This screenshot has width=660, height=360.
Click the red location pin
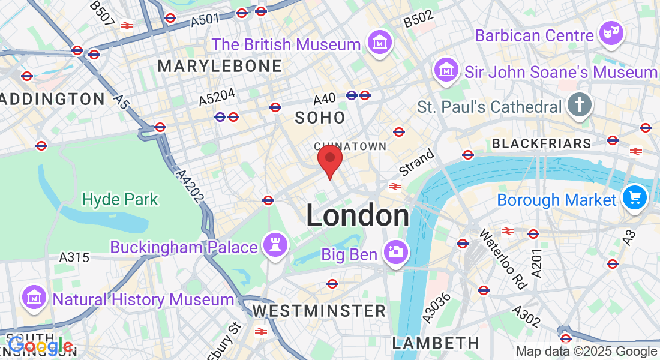point(329,159)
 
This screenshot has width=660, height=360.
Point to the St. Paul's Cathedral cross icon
point(579,106)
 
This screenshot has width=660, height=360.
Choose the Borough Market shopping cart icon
point(634,199)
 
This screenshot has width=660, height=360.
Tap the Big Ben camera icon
point(395,253)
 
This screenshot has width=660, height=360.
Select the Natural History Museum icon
point(35,298)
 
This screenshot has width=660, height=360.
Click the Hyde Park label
point(120,199)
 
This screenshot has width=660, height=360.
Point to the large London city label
point(358,215)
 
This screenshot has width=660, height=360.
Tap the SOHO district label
point(320,118)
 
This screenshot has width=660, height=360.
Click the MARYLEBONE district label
point(220,66)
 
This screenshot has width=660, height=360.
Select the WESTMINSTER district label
point(319,310)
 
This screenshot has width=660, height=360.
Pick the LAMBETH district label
point(436,343)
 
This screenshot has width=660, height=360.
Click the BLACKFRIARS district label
point(541,143)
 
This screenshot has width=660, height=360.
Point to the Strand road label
point(416,162)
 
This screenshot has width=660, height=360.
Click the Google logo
point(40,346)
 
